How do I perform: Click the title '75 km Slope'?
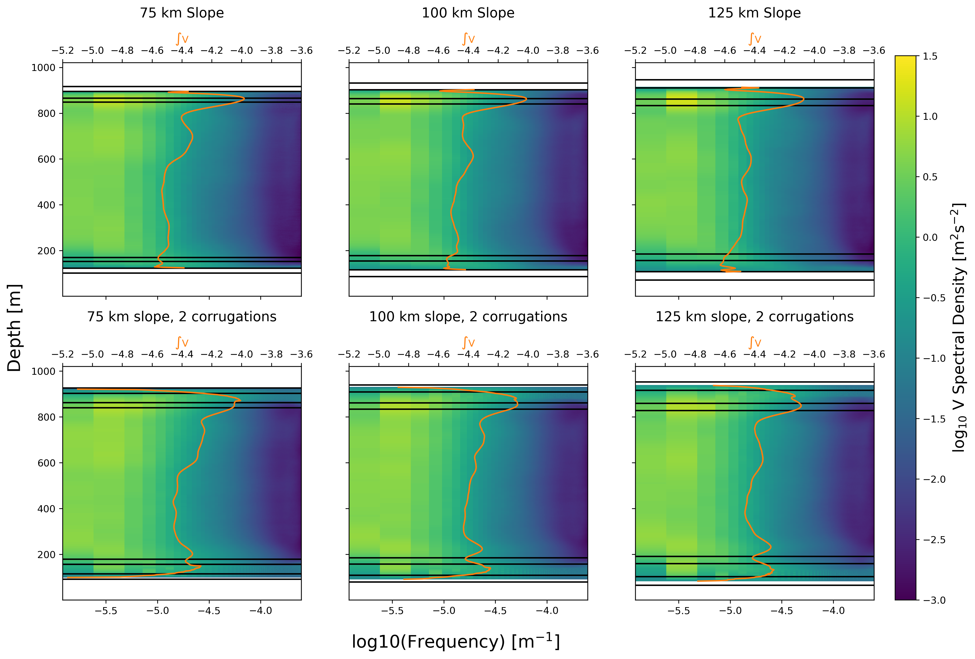[x=182, y=13]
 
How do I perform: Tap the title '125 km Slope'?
[x=754, y=13]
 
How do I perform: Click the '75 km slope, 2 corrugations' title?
[x=182, y=317]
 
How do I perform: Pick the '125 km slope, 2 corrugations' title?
[x=754, y=317]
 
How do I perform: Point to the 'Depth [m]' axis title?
[x=14, y=328]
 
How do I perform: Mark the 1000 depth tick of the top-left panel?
[x=44, y=67]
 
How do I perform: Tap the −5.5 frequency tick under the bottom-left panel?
[x=106, y=611]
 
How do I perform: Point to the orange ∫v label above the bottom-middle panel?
[x=468, y=342]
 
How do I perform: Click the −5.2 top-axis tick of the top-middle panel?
[x=349, y=51]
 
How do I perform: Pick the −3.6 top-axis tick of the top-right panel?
[x=874, y=51]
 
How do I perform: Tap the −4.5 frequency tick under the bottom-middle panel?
[x=496, y=611]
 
